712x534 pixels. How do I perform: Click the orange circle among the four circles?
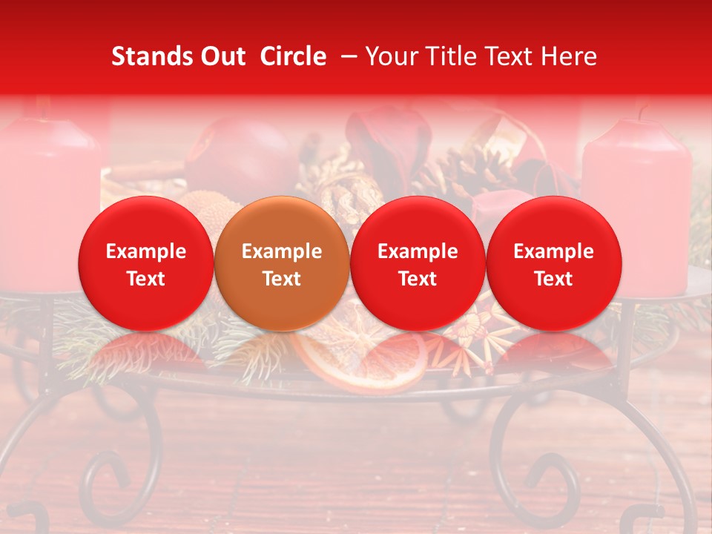281,263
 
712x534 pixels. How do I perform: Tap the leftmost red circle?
145,263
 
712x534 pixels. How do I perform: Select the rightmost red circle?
553,263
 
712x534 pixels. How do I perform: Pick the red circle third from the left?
418,263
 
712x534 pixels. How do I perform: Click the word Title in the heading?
454,56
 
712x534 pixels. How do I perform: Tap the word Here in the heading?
569,56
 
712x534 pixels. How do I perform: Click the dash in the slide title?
346,56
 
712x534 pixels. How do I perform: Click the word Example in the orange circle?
282,251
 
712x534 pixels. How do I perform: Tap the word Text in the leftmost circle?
146,279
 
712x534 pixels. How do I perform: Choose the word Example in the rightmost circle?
554,251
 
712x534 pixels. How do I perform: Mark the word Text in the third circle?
418,279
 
